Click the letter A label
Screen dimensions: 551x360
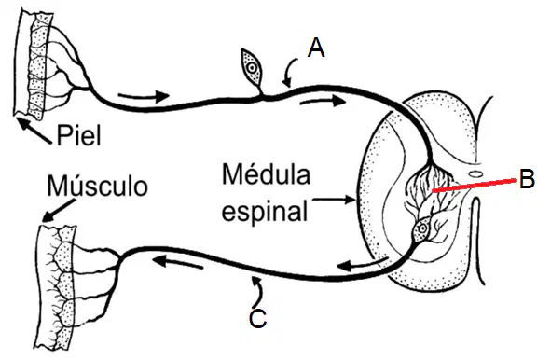pos(316,48)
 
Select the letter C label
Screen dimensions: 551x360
pos(258,319)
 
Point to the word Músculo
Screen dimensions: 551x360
pos(97,186)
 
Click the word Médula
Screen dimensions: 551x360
pos(266,174)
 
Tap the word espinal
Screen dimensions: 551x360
pos(265,211)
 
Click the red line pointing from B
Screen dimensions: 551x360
pos(474,186)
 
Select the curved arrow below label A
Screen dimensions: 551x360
pos(290,73)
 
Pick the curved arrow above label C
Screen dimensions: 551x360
pos(258,290)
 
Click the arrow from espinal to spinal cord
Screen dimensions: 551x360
pos(334,200)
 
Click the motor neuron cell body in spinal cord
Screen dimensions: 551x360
pos(422,229)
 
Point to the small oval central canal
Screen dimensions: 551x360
pos(475,173)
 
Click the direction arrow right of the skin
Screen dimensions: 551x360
pos(145,95)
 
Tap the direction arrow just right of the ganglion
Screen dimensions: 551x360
pos(323,102)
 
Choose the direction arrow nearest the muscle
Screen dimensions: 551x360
pos(177,262)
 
